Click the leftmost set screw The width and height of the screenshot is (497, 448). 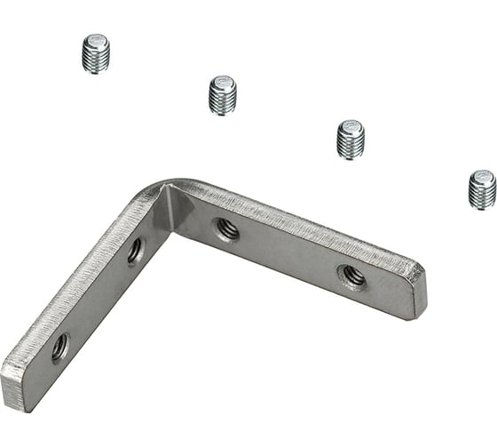coord(95,53)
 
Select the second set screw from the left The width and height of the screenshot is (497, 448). coord(222,95)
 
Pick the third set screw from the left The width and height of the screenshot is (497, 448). coord(351,139)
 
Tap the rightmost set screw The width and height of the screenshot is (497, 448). coord(482,188)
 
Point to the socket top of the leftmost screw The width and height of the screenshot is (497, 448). coord(95,40)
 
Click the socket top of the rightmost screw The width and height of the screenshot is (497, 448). coord(483,176)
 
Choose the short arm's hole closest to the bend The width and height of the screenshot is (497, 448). coord(134,252)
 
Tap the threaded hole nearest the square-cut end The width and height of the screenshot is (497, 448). coord(60,348)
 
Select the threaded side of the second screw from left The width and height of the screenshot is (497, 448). coord(222,101)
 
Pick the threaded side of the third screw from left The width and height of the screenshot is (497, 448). coord(351,145)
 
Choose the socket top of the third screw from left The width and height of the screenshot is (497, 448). coord(351,125)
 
